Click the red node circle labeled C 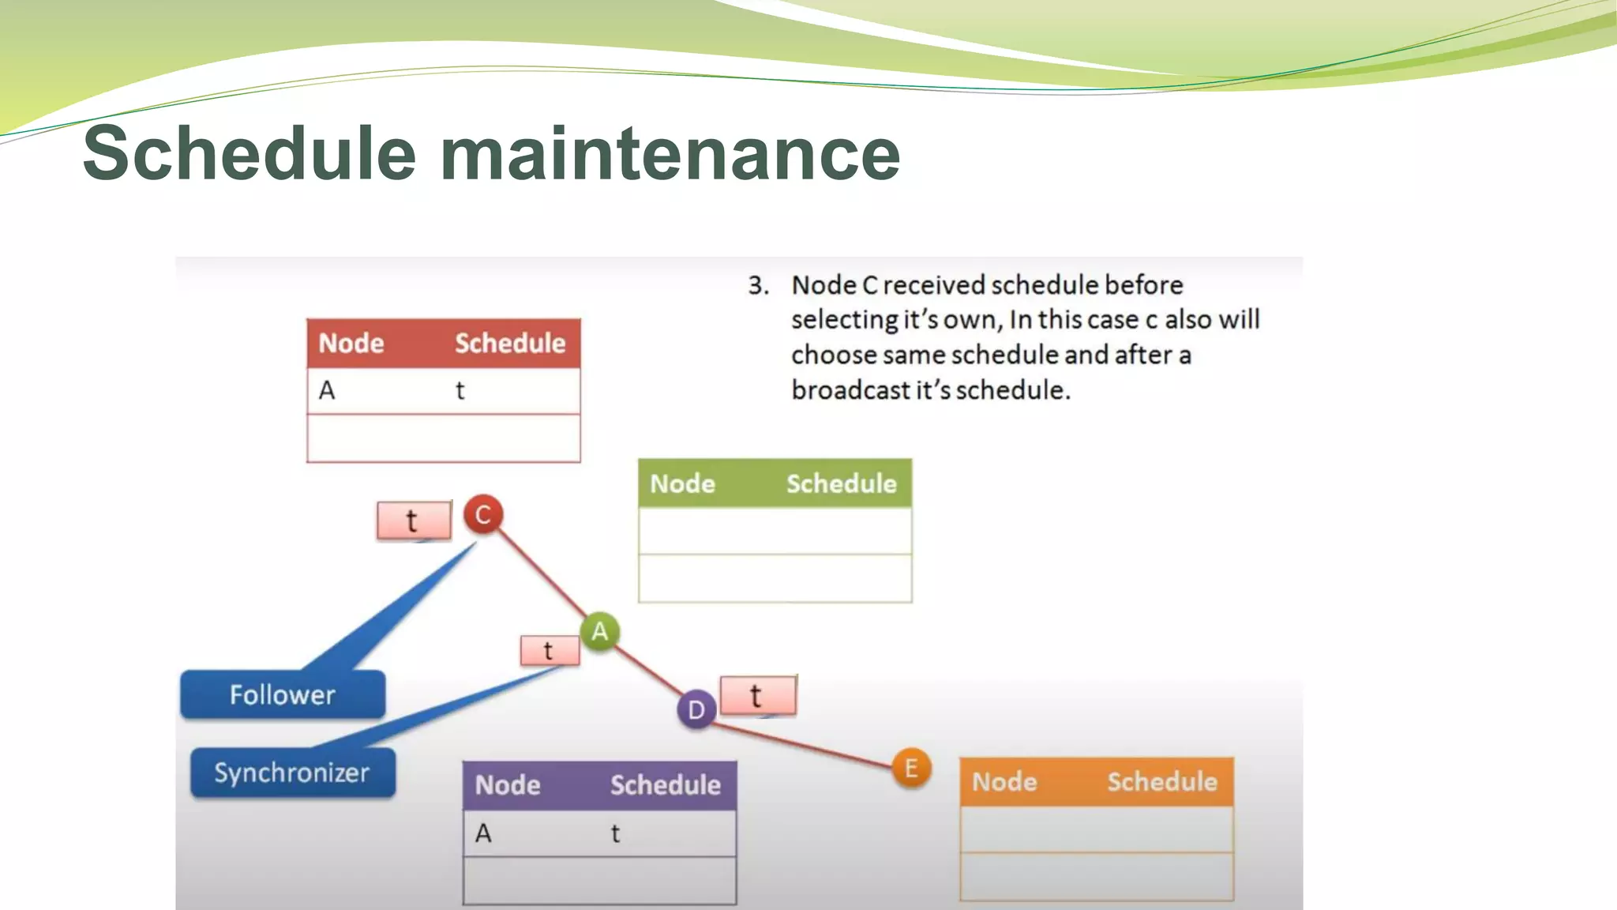483,515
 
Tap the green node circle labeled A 600,631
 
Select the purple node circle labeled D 696,709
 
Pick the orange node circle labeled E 911,768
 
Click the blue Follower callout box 283,694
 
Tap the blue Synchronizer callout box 292,772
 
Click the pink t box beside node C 414,521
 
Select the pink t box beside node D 758,695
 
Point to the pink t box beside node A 550,651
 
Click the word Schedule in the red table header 510,344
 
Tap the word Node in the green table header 682,483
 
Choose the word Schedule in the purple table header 665,785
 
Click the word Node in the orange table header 1004,782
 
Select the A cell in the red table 327,390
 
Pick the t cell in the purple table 616,833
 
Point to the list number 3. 758,285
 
